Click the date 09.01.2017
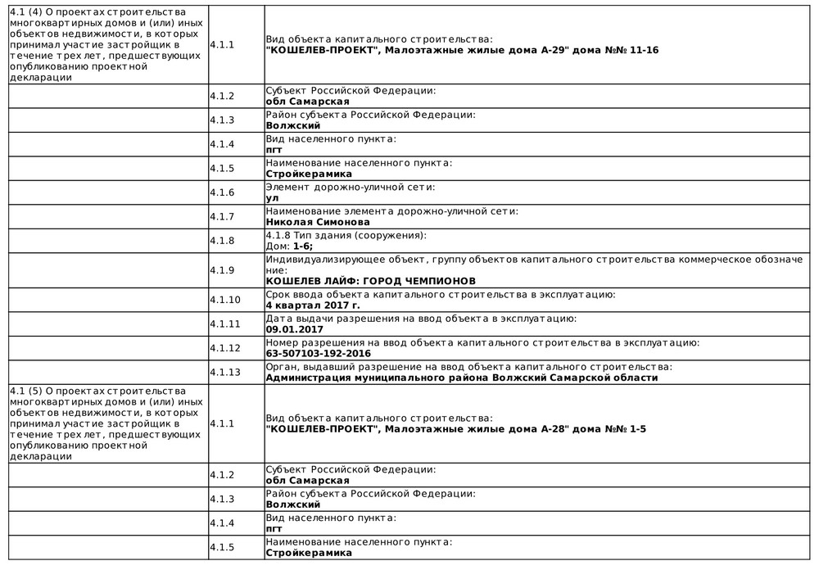coord(289,329)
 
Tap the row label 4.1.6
coord(222,192)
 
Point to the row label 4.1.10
coord(225,300)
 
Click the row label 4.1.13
coord(225,373)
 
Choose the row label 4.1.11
coord(225,323)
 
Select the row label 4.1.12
coord(225,348)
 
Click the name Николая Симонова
coord(318,222)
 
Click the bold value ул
coord(272,198)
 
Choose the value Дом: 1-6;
coord(289,246)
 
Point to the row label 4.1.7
coord(222,216)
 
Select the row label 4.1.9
coord(222,269)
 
